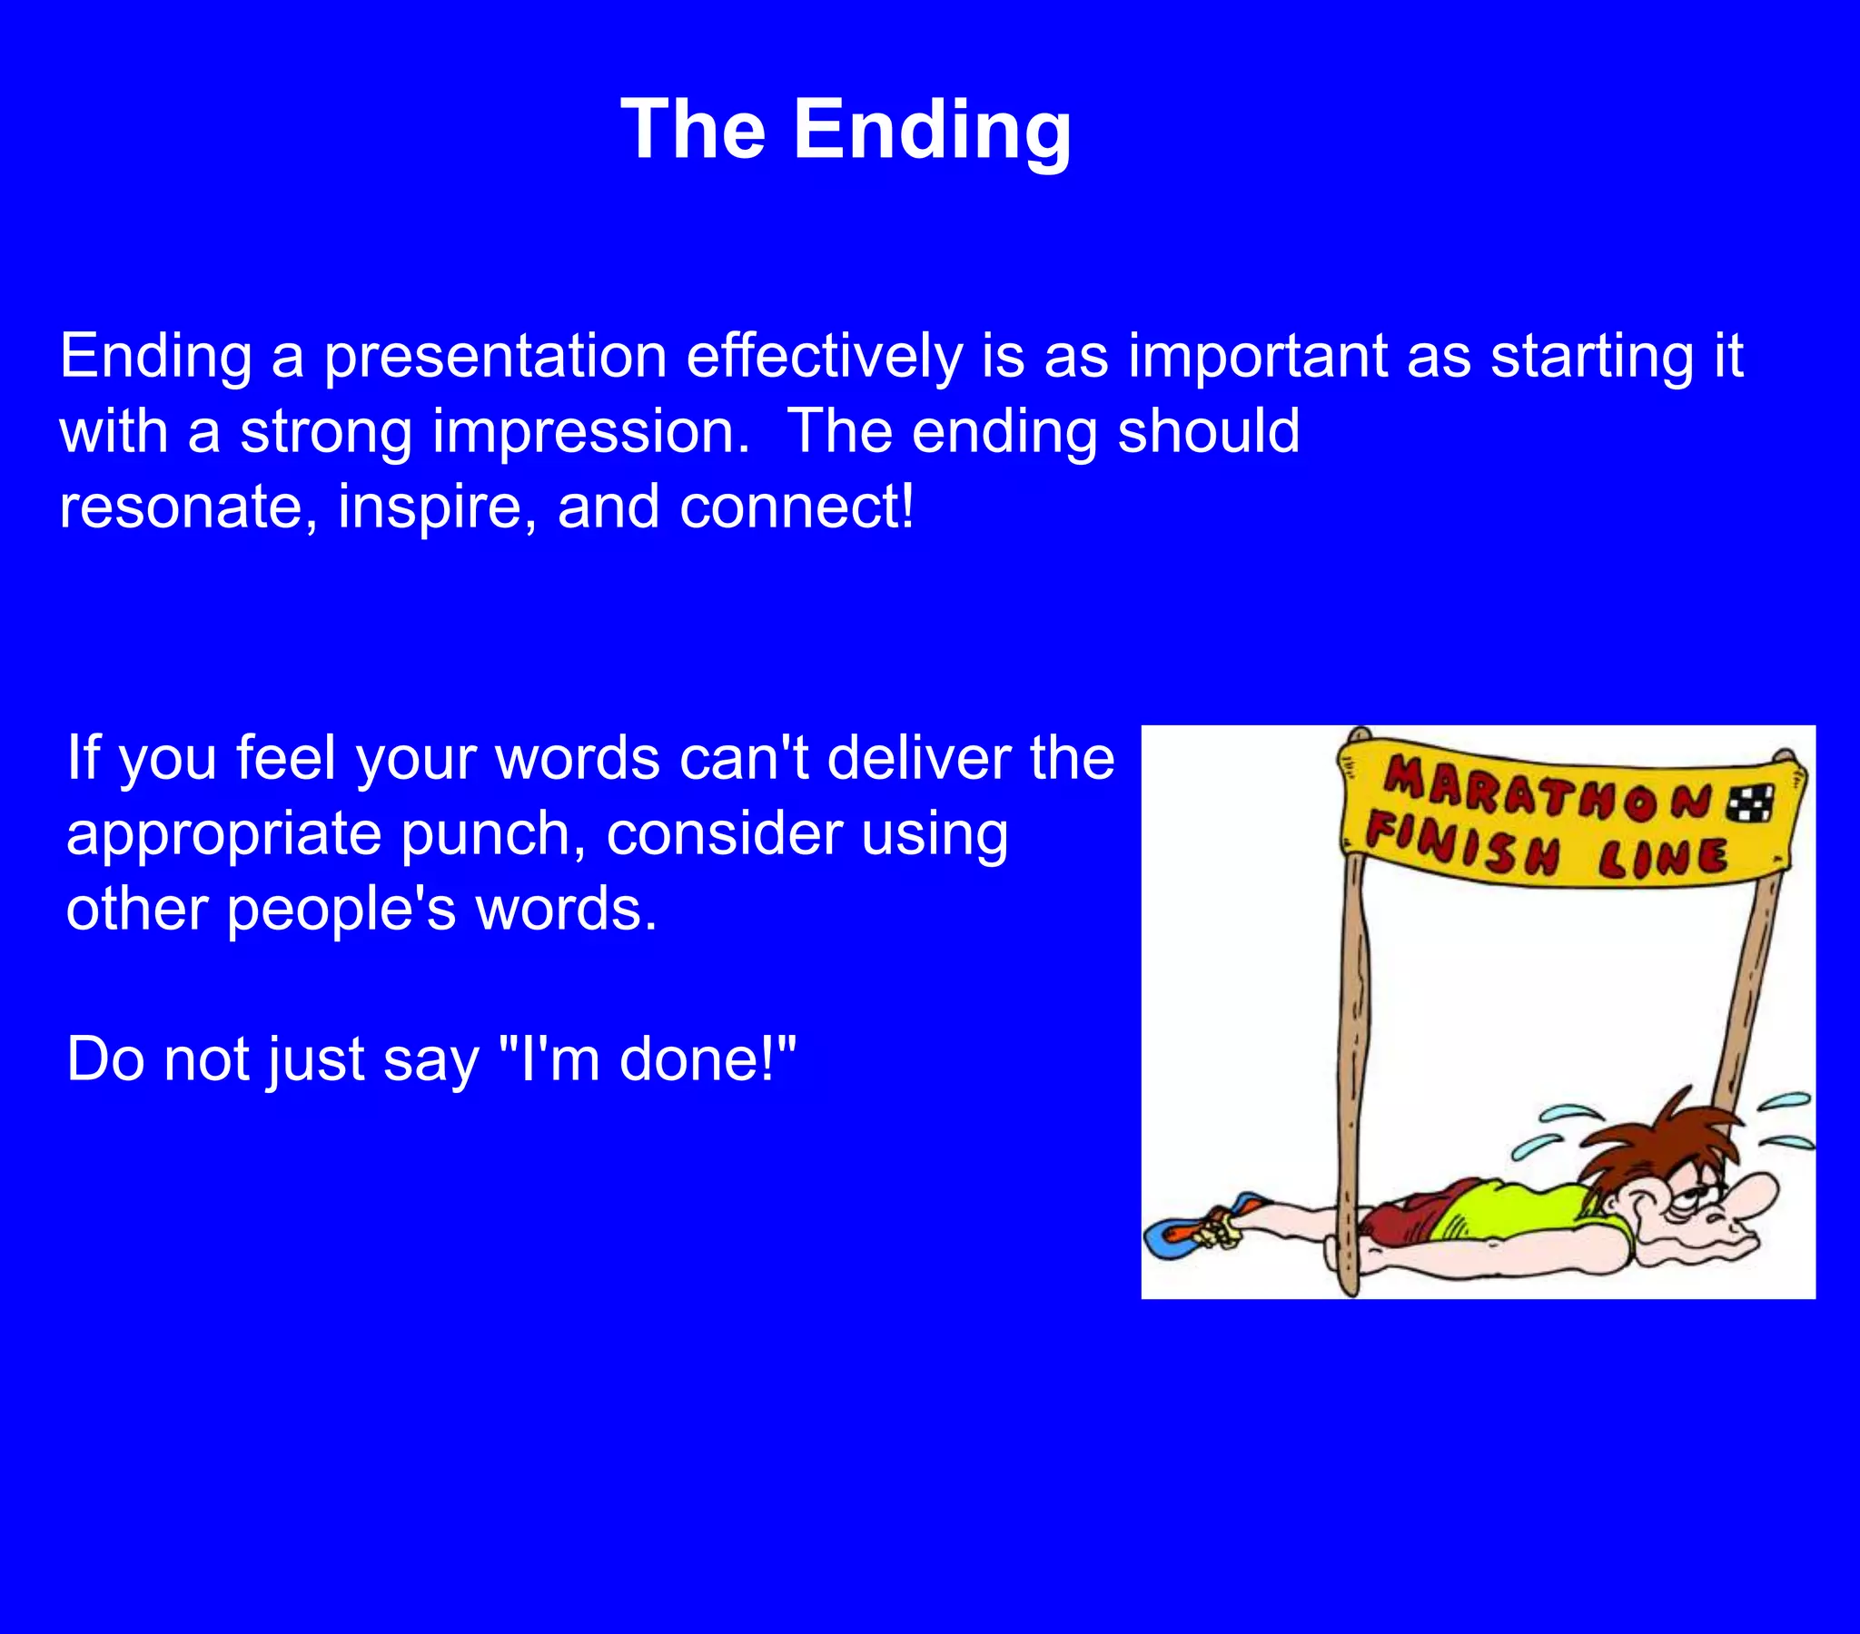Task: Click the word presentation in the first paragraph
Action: coord(496,357)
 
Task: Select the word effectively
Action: coord(824,357)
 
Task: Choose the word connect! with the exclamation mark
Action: coord(796,507)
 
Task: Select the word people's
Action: coord(341,910)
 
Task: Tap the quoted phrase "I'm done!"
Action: coord(648,1060)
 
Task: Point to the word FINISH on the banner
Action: coord(1463,844)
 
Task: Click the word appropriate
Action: coord(223,835)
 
